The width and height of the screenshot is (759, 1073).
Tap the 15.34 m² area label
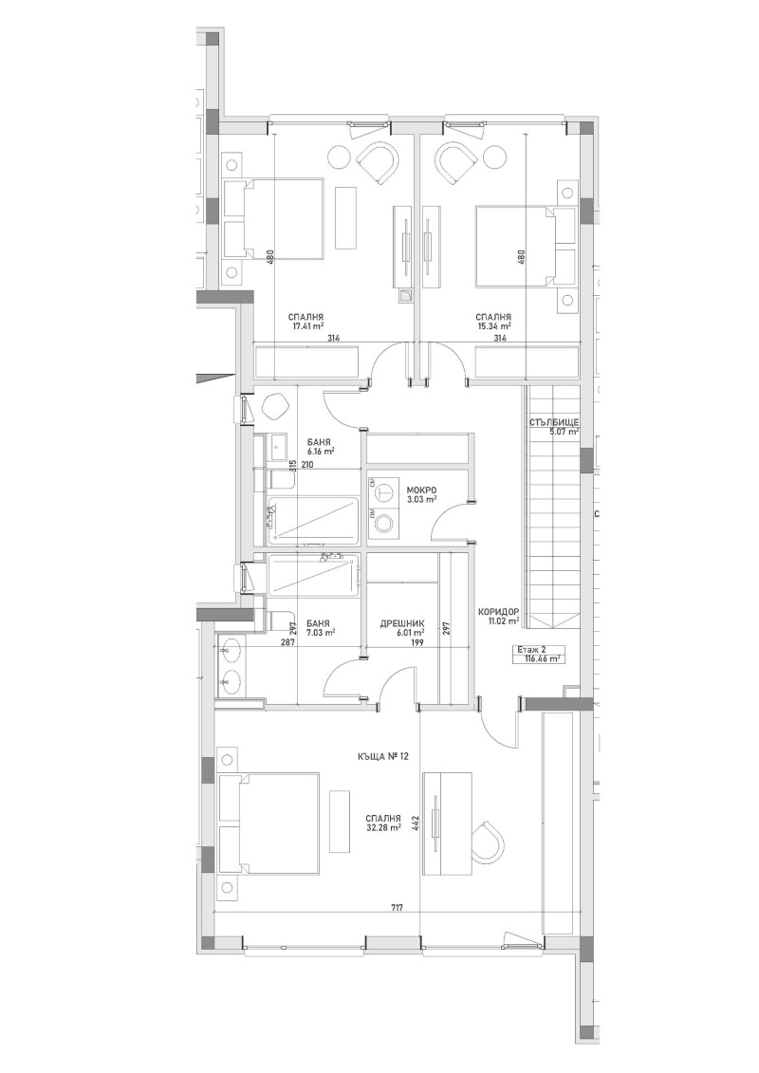(x=495, y=325)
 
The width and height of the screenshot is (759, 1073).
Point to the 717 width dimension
(x=397, y=908)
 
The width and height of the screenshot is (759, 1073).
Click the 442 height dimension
(x=416, y=822)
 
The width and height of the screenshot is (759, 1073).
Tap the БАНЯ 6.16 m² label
(x=320, y=447)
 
